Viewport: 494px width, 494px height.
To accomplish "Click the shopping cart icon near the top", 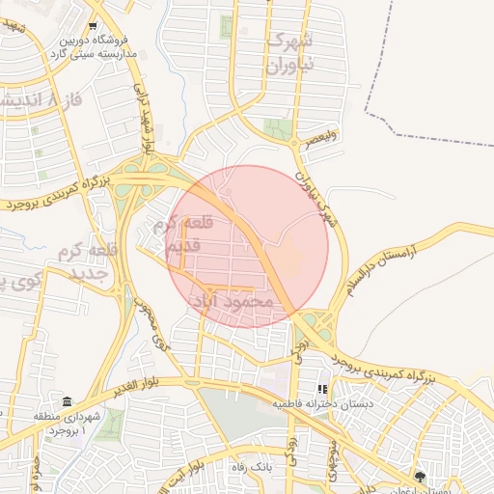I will click(x=93, y=26).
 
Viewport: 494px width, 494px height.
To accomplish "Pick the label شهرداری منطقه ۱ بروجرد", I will click(x=83, y=422).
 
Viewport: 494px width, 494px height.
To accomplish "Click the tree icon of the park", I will click(x=419, y=477).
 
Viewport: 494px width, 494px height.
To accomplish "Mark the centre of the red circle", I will click(x=247, y=246).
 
